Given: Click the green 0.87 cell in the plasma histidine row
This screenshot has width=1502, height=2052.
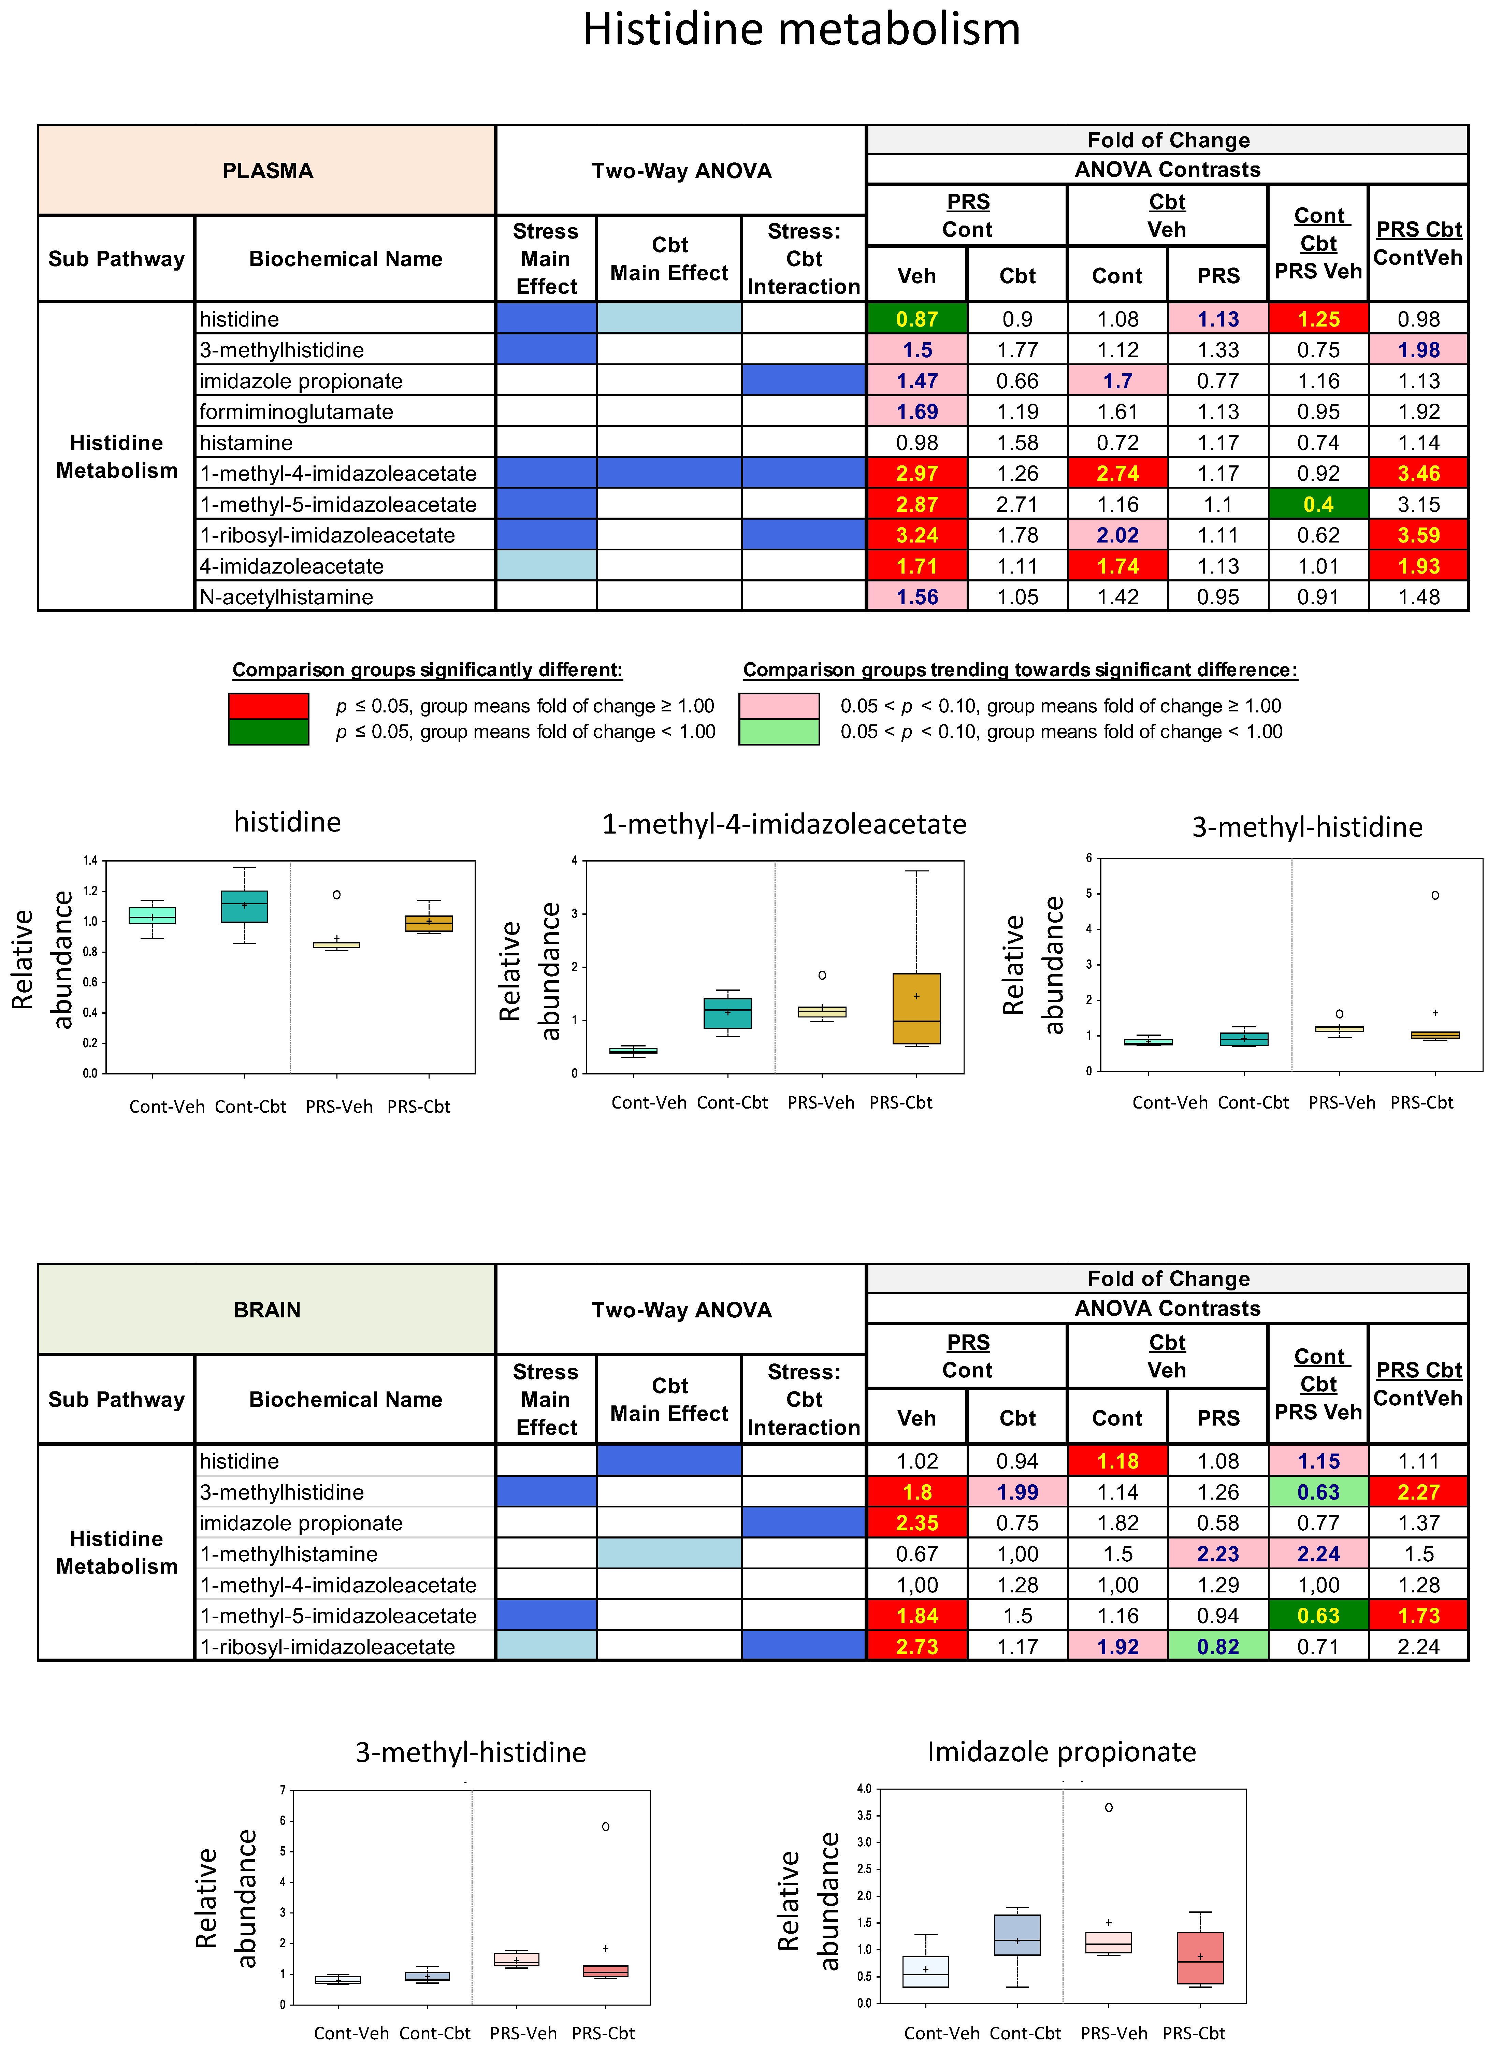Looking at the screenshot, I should (x=916, y=319).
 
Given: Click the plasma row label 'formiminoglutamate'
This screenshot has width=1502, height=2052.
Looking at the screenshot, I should (x=297, y=412).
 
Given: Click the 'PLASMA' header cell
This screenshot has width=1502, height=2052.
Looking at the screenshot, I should (x=267, y=171).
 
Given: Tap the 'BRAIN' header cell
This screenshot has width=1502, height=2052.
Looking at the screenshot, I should (x=267, y=1310).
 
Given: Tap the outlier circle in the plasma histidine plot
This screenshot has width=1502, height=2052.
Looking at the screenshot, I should (x=336, y=895).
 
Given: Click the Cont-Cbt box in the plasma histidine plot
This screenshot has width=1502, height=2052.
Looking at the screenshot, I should (x=245, y=907).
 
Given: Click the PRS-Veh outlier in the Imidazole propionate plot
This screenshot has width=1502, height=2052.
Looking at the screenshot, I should (x=1108, y=1807).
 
